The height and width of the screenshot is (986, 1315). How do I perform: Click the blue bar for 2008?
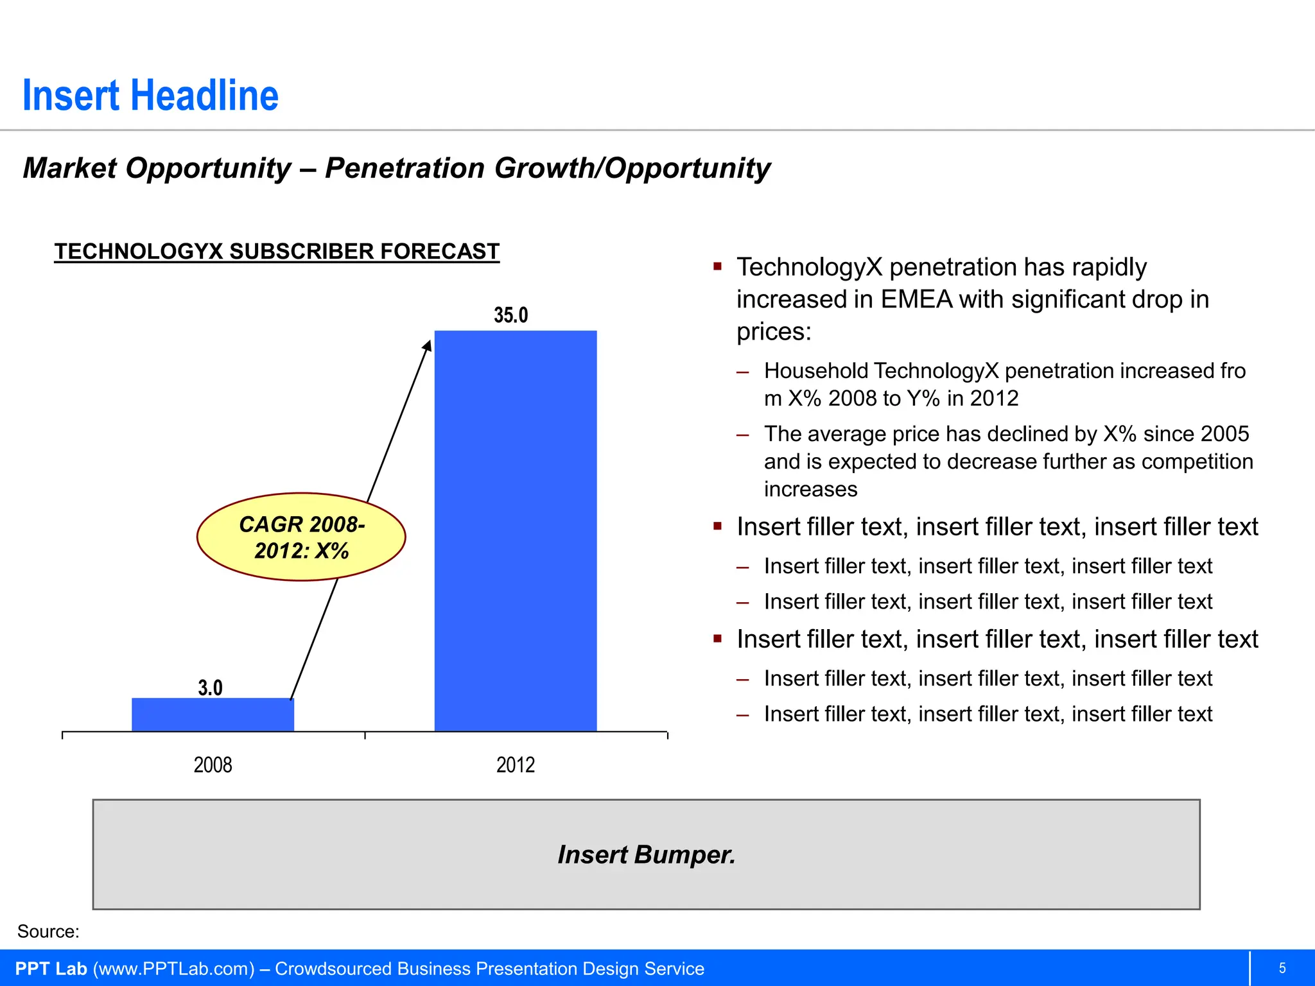[213, 714]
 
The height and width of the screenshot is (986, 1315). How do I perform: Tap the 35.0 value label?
[511, 315]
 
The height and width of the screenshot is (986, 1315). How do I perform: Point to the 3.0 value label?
[210, 688]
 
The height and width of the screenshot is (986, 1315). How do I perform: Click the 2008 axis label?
[213, 765]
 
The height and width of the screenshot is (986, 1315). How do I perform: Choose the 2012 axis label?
[516, 765]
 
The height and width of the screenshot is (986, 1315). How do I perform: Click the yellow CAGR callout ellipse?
[301, 537]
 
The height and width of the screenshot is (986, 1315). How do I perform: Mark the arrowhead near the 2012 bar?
[427, 346]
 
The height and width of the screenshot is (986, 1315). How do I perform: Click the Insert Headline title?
[150, 96]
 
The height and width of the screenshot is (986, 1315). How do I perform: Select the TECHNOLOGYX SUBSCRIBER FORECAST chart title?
[277, 251]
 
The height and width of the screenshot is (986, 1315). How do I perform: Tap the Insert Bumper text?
[646, 854]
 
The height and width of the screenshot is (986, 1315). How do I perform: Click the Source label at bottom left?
[48, 931]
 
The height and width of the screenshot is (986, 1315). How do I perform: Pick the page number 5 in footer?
[1282, 968]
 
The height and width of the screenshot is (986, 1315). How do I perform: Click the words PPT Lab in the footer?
[51, 969]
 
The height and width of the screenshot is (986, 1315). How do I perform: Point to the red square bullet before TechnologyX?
[718, 266]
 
